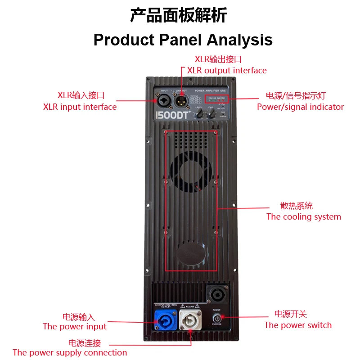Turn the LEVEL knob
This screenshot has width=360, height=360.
pyautogui.click(x=198, y=115)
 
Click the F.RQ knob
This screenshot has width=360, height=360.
pyautogui.click(x=211, y=115)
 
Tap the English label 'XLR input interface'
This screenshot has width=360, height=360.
pyautogui.click(x=80, y=107)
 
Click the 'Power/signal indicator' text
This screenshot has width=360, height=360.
pyautogui.click(x=300, y=107)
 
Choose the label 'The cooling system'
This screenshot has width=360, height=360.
pyautogui.click(x=304, y=217)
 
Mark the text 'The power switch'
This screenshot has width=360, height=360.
pyautogui.click(x=298, y=325)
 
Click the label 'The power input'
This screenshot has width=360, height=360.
pyautogui.click(x=75, y=327)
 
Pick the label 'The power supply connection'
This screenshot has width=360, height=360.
pyautogui.click(x=70, y=353)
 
